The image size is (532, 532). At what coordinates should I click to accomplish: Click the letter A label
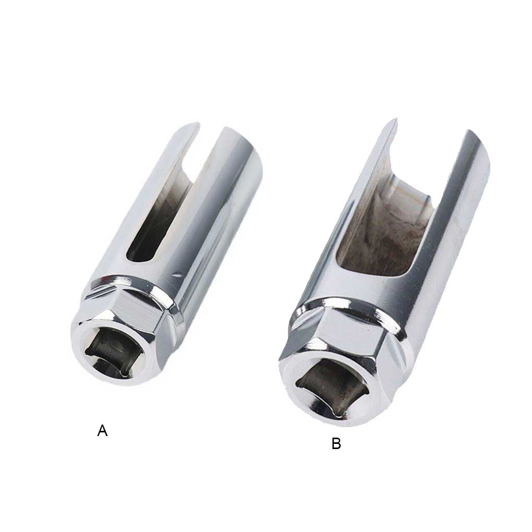[x=102, y=431]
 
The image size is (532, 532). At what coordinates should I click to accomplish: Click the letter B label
[x=336, y=444]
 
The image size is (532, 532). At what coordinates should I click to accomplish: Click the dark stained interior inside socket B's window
[x=381, y=245]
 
